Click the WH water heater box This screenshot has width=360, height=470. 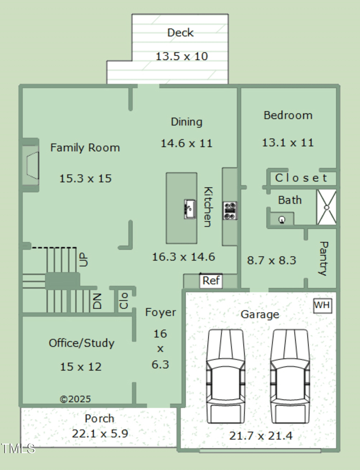pyautogui.click(x=323, y=306)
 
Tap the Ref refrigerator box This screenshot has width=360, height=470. pyautogui.click(x=211, y=281)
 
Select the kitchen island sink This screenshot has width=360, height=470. pyautogui.click(x=190, y=209)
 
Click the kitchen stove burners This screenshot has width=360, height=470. pyautogui.click(x=230, y=211)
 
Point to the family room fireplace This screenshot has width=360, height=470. pyautogui.click(x=30, y=165)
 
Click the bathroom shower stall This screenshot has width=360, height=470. pyautogui.click(x=326, y=207)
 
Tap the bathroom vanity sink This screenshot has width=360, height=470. pyautogui.click(x=282, y=220)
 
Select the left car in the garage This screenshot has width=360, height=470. pyautogui.click(x=225, y=376)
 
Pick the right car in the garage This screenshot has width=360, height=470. pyautogui.click(x=290, y=376)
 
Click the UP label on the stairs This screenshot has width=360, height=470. pyautogui.click(x=84, y=260)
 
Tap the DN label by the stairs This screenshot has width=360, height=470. pyautogui.click(x=97, y=301)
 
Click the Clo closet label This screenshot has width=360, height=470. pyautogui.click(x=124, y=300)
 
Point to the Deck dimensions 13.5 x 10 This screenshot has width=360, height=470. pyautogui.click(x=182, y=56)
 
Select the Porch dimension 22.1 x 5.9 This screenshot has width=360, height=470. pyautogui.click(x=100, y=434)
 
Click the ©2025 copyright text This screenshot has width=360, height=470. pyautogui.click(x=75, y=399)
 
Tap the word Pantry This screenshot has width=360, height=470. pyautogui.click(x=324, y=258)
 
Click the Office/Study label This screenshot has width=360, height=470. pyautogui.click(x=81, y=343)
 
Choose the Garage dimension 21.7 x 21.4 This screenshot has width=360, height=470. pyautogui.click(x=261, y=435)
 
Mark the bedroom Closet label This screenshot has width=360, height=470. pyautogui.click(x=301, y=178)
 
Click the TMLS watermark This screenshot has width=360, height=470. pyautogui.click(x=18, y=449)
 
